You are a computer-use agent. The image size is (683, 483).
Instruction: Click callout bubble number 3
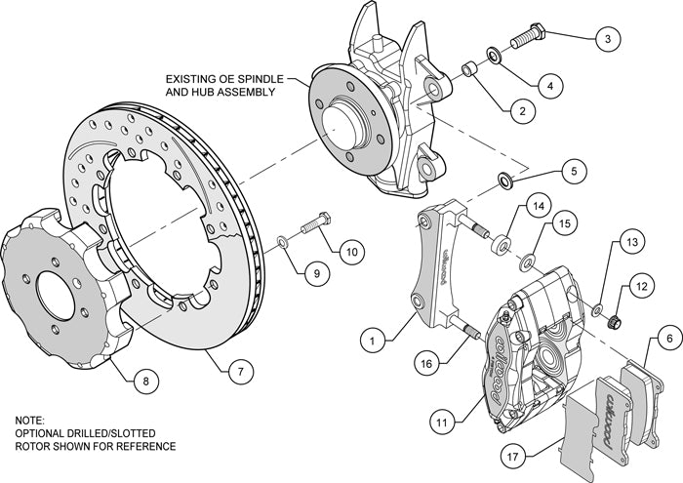607,39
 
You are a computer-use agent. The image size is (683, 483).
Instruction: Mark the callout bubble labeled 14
538,207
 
